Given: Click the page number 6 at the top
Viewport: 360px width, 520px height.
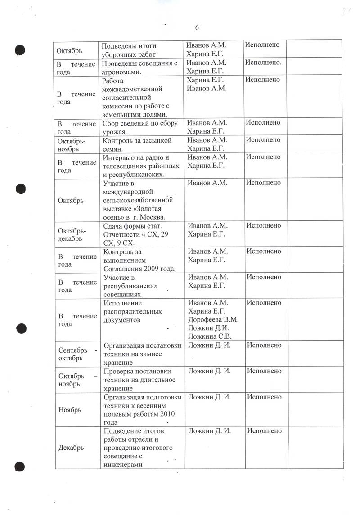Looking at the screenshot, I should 197,27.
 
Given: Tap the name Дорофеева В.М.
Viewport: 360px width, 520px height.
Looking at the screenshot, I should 213,320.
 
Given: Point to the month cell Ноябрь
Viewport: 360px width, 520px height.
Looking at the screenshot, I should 70,410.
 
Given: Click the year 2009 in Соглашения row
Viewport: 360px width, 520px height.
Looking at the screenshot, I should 150,269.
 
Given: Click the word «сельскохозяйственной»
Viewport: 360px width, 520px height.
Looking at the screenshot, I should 138,200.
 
